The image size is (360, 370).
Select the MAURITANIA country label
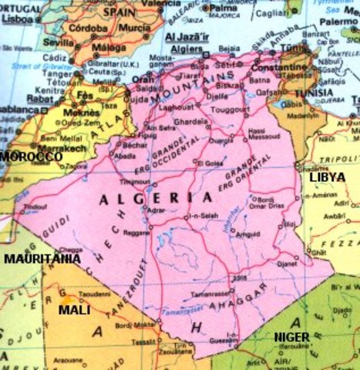tap(42, 259)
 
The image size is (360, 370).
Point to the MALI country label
tap(74, 310)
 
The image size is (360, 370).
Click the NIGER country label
tap(291, 337)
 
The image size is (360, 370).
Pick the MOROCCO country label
tap(31, 156)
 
